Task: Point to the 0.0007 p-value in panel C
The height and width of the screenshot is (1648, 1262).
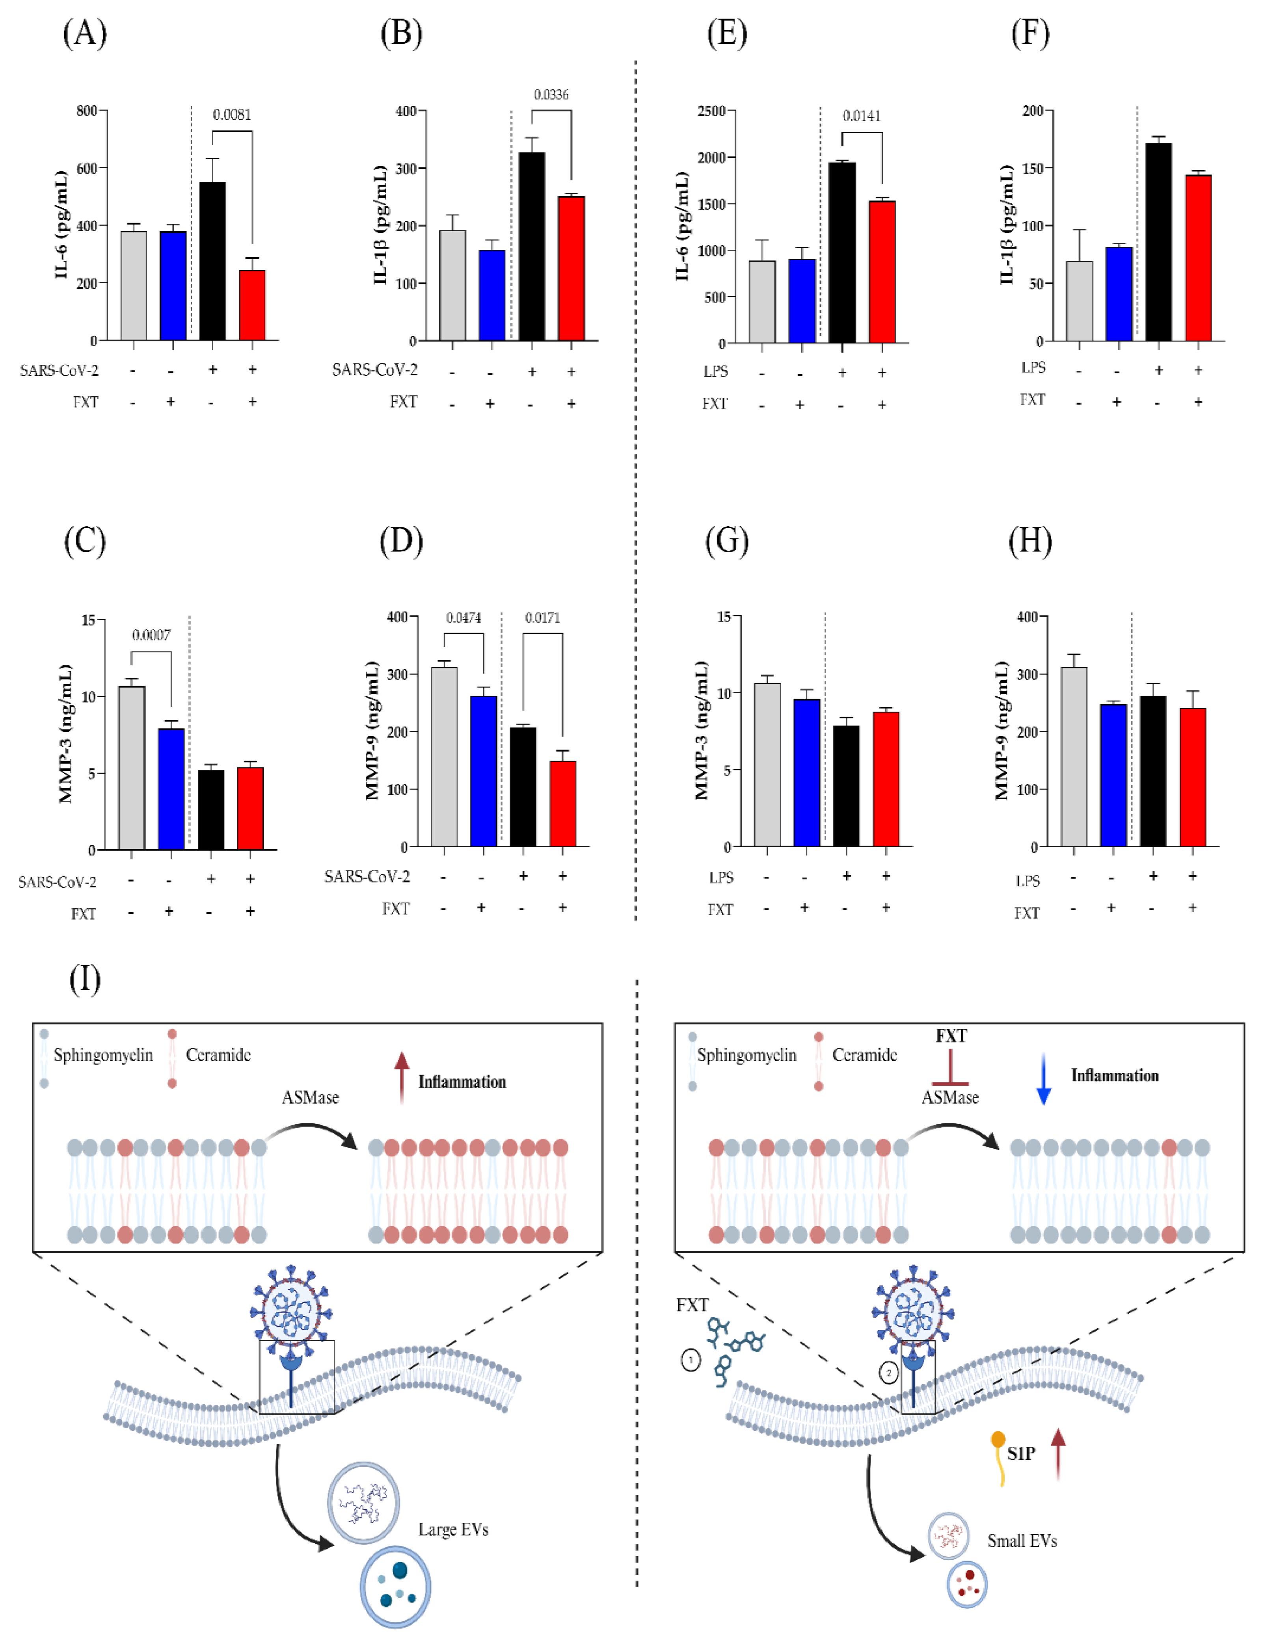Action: click(x=151, y=635)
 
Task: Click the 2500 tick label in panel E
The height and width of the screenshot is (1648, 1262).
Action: click(x=711, y=111)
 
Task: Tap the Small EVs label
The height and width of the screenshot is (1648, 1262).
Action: click(x=1022, y=1540)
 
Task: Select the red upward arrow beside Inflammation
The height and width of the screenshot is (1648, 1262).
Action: click(x=402, y=1076)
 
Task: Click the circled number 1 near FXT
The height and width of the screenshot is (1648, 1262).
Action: click(x=691, y=1360)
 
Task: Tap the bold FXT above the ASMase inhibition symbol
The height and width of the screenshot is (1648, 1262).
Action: click(x=951, y=1036)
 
